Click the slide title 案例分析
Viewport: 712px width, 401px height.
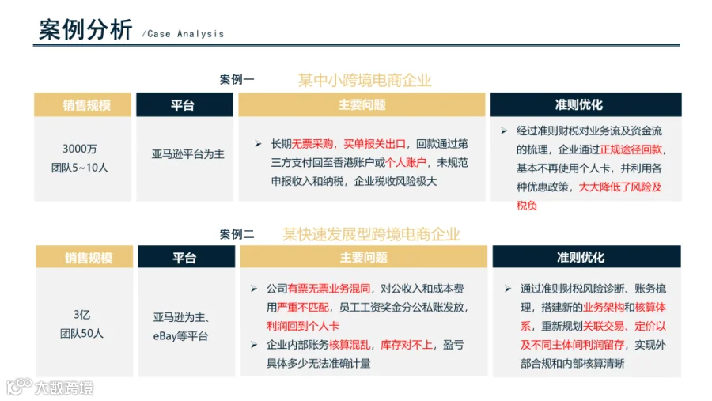coord(85,29)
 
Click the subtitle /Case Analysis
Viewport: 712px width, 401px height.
coord(183,34)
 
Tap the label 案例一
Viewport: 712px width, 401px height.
coord(237,79)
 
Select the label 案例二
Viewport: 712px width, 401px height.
coord(237,234)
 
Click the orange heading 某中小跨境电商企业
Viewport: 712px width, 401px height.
coord(365,81)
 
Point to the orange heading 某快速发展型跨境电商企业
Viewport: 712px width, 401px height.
coord(371,234)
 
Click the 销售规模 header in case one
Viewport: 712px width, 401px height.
coord(87,105)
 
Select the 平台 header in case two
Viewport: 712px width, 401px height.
coord(184,258)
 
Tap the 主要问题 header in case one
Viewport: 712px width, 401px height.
coord(362,105)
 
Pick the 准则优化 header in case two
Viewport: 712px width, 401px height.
coord(581,258)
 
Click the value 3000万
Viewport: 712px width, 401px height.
coord(80,149)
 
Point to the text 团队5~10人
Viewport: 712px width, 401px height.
coord(80,168)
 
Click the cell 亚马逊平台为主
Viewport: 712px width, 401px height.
coord(188,154)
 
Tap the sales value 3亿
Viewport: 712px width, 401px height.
coord(82,315)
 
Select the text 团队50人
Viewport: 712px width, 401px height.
coord(81,333)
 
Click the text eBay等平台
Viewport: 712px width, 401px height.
coord(180,336)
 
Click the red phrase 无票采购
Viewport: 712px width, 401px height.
coord(312,144)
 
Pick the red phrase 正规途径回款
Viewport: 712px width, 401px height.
coord(631,149)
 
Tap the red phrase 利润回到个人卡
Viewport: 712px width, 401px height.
coord(303,326)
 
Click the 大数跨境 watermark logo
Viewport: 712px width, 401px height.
coord(50,387)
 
